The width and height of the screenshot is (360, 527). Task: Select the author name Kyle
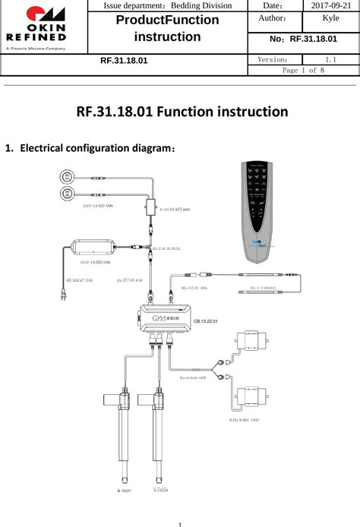pyautogui.click(x=330, y=18)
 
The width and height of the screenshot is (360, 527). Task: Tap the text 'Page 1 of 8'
pyautogui.click(x=304, y=70)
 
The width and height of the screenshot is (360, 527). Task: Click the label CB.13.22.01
pyautogui.click(x=206, y=323)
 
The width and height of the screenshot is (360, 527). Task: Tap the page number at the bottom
pyautogui.click(x=179, y=522)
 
